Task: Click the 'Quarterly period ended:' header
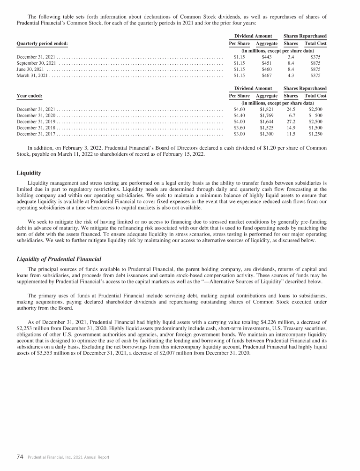pos(42,43)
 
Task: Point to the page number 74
pos(20,456)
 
